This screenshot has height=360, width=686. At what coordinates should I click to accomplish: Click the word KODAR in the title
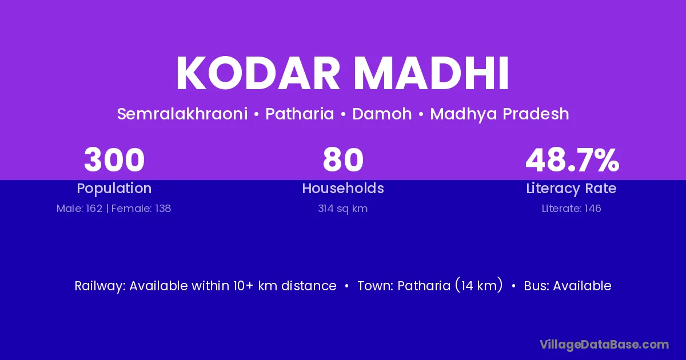coord(258,73)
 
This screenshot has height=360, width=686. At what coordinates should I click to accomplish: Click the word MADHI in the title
coord(432,73)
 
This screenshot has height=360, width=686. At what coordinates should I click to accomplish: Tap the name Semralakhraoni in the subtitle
coord(182,114)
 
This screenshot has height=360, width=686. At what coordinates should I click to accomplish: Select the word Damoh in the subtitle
coord(382,114)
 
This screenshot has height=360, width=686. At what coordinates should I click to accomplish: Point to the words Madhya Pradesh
coord(500,114)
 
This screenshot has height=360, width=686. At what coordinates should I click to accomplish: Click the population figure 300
coord(114,160)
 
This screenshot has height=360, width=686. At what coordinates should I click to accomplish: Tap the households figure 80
coord(343,160)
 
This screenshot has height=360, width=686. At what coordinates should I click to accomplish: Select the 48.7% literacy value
coord(572,160)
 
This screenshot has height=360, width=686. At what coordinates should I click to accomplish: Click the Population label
coord(114,189)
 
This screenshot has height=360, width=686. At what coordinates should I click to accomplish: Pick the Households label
coord(343,188)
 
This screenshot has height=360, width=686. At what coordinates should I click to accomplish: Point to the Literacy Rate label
coord(571,189)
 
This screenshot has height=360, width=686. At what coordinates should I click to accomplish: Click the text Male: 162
coord(79,209)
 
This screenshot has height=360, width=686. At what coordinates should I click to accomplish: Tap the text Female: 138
coord(141,209)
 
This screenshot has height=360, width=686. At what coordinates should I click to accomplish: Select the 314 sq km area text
coord(342,209)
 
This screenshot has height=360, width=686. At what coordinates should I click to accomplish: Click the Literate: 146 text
coord(571,209)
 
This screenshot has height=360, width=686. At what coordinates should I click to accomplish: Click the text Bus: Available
coord(568,286)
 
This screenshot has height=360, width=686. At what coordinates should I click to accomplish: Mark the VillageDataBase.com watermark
coord(604,345)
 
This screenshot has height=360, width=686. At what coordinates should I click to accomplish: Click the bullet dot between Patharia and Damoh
coord(343,114)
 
